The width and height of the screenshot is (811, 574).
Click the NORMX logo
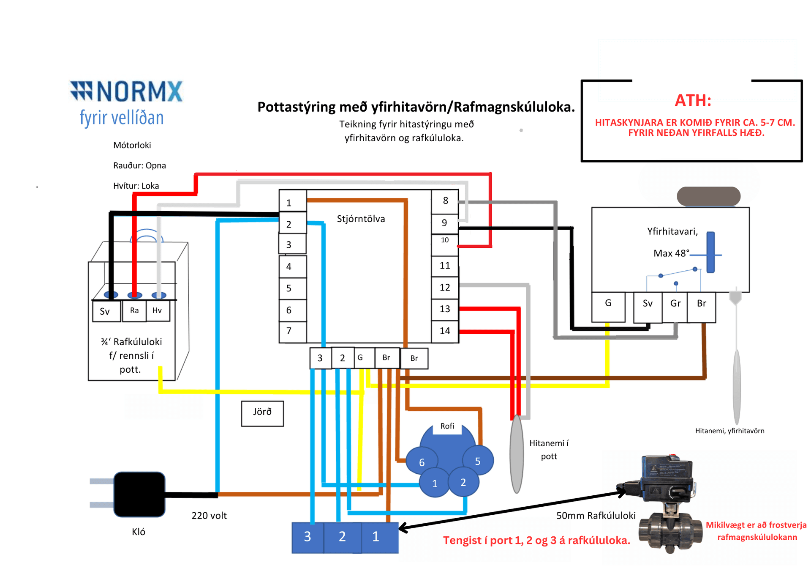126,103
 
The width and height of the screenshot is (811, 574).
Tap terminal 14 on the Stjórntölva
445,331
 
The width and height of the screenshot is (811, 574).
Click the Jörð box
262,413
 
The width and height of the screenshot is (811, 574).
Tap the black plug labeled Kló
139,494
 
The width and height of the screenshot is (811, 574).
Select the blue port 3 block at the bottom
308,537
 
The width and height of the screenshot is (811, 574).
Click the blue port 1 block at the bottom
380,537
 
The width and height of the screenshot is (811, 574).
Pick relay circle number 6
422,461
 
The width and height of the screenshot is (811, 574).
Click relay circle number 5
478,461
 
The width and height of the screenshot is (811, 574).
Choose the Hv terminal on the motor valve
158,310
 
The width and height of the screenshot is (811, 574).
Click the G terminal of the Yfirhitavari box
608,307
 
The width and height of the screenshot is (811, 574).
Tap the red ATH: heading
693,100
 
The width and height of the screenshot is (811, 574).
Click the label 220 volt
209,516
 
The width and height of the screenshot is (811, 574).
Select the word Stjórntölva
361,219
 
